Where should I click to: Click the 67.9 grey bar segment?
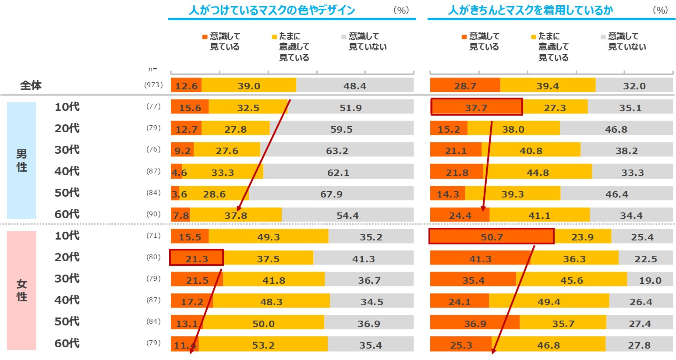coord(331,194)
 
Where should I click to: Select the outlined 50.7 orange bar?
coord(492,236)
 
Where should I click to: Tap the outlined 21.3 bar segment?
coord(196,258)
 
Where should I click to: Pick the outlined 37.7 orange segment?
coord(476,107)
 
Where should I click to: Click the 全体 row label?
coord(31,85)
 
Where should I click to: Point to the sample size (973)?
coord(153,85)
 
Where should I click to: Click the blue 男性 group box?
coord(21,160)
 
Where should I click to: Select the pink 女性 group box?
coord(21,290)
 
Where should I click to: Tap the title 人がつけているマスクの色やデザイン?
coord(272,10)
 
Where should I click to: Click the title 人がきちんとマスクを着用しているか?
coord(531,10)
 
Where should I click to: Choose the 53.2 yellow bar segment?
coord(263,345)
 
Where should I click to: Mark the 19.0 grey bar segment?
coord(650,280)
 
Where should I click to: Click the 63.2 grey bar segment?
coord(337,151)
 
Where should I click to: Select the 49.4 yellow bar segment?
coord(549,301)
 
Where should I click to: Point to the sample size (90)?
coord(153,214)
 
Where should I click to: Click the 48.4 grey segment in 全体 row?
coord(355,86)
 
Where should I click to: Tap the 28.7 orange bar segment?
coord(465,86)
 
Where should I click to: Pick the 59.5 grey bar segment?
coord(341,129)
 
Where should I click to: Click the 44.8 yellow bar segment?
coord(538,172)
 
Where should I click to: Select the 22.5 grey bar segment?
coord(646,258)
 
